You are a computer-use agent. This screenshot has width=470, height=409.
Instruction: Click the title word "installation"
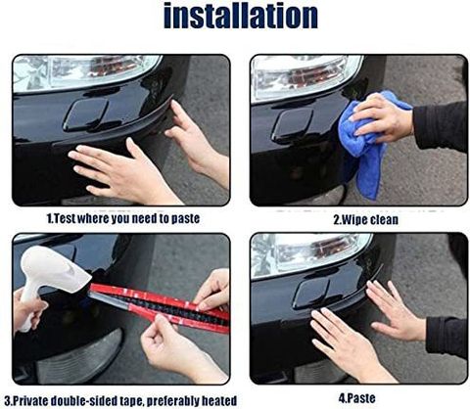click(x=241, y=16)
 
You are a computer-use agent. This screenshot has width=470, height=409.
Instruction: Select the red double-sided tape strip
click(x=160, y=306)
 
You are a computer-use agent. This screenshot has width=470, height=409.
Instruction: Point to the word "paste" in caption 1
click(x=185, y=219)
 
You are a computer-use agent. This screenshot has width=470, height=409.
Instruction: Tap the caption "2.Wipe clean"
click(x=365, y=219)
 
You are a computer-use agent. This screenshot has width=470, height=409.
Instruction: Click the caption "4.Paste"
click(x=356, y=398)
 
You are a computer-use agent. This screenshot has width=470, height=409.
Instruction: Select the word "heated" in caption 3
click(x=219, y=400)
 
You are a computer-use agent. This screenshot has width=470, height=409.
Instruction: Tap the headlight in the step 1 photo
click(x=85, y=72)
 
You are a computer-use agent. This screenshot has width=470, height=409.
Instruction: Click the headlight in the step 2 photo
click(x=306, y=76)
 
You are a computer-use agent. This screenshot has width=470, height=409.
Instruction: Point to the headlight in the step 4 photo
click(x=310, y=254)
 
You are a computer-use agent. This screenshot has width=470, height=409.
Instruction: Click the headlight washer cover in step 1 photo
click(x=86, y=114)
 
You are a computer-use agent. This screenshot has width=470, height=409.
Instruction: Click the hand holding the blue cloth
click(x=382, y=119)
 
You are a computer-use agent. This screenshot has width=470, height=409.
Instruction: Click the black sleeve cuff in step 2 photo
click(x=439, y=125)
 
